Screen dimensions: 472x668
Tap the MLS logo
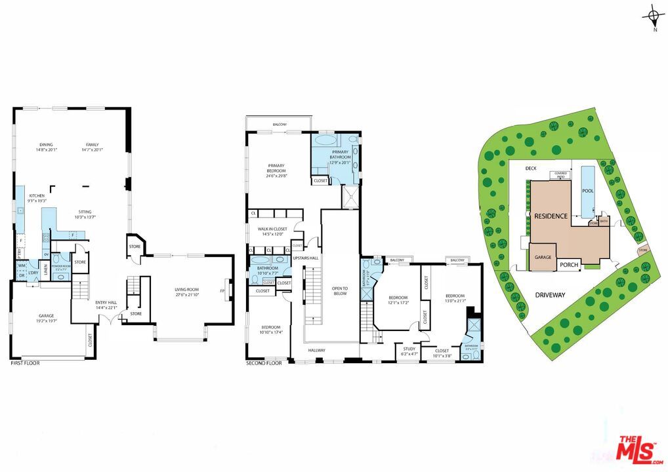coord(638,450)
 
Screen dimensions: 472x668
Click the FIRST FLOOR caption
coord(25,363)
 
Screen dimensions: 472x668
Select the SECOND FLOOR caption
coord(264,363)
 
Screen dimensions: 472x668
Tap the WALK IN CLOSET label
coord(270,231)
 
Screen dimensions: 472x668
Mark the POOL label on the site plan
coord(588,191)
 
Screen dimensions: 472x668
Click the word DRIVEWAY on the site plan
coord(549,295)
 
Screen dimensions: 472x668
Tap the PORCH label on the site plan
coord(568,265)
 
